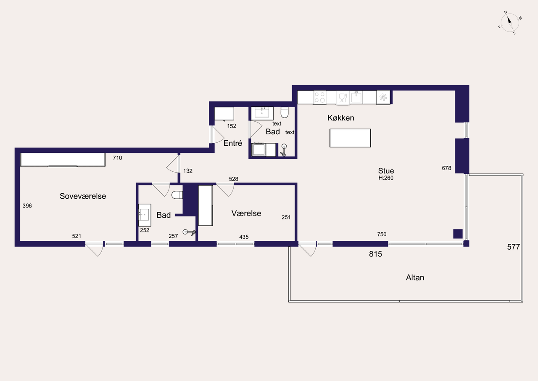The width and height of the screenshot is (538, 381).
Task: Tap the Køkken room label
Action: pyautogui.click(x=340, y=118)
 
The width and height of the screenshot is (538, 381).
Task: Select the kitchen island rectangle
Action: pyautogui.click(x=350, y=138)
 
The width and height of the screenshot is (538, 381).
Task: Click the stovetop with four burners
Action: pyautogui.click(x=320, y=97)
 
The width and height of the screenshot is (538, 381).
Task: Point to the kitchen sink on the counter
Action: pyautogui.click(x=356, y=97)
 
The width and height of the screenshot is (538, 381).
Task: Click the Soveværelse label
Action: pyautogui.click(x=83, y=196)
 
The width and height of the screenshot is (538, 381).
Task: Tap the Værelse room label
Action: pyautogui.click(x=246, y=213)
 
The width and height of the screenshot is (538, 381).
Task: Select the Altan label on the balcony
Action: pyautogui.click(x=415, y=277)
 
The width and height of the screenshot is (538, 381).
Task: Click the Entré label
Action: pyautogui.click(x=233, y=144)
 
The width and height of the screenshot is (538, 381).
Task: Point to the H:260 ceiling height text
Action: pyautogui.click(x=386, y=178)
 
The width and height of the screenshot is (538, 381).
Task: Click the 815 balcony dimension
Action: pyautogui.click(x=375, y=254)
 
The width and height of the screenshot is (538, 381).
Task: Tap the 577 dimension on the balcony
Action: pyautogui.click(x=514, y=247)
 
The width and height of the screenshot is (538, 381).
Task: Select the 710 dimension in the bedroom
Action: pyautogui.click(x=117, y=158)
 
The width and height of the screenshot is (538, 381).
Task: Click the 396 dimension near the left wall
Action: pyautogui.click(x=27, y=205)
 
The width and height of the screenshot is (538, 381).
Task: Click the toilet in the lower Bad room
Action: pyautogui.click(x=177, y=195)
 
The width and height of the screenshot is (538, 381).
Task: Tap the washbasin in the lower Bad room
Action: pyautogui.click(x=145, y=215)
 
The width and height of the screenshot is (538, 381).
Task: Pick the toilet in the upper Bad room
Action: pyautogui.click(x=285, y=112)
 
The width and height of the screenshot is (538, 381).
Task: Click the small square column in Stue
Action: pyautogui.click(x=458, y=234)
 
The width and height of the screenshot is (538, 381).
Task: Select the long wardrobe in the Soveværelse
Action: pyautogui.click(x=63, y=160)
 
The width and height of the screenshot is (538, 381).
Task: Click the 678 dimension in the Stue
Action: pyautogui.click(x=446, y=168)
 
